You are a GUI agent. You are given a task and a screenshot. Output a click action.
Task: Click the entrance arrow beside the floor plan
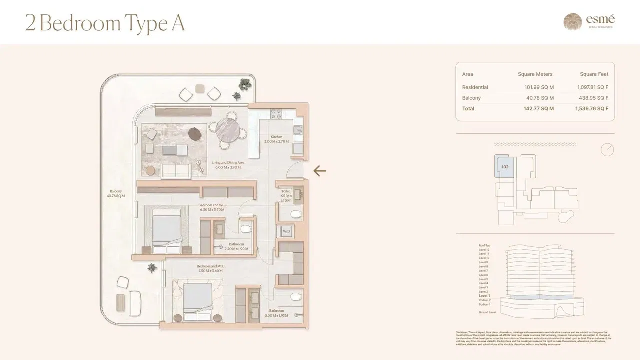pos(319,171)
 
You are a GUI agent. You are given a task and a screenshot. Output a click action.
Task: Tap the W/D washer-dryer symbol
pos(286,231)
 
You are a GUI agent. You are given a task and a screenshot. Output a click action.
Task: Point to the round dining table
pos(228,128)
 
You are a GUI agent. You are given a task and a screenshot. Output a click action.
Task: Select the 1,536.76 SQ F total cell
pos(592,108)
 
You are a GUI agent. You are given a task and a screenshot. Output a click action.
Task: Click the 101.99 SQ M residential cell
pos(539,87)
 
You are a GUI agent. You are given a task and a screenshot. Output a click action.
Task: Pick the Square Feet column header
pos(594,74)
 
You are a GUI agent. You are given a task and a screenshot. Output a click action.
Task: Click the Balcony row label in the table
pos(471,98)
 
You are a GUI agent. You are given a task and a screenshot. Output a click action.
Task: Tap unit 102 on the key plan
pos(505,167)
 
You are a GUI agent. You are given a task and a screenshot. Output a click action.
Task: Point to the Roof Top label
pos(484,246)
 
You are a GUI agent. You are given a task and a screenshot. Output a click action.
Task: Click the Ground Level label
pos(487,312)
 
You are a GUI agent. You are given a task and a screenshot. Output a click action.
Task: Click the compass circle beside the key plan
pos(607,149)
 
